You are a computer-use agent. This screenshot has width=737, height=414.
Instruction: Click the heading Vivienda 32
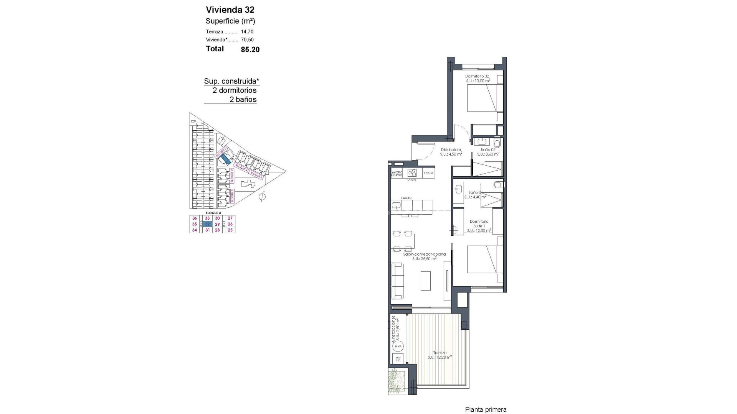[x=230, y=10]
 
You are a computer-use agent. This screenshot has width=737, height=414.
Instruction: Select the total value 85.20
[x=250, y=49]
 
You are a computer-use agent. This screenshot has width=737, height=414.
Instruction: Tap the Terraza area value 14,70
[x=247, y=32]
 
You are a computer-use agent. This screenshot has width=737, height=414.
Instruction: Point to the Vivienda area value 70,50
[x=247, y=39]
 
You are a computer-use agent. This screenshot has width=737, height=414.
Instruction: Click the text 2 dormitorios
[x=235, y=90]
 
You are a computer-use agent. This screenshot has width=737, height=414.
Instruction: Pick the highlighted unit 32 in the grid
[x=207, y=224]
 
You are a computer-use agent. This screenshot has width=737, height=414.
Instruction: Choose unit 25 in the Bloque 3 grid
[x=230, y=230]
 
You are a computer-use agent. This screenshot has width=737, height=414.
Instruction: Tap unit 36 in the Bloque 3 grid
[x=194, y=218]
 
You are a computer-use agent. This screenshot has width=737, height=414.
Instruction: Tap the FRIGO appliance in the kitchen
[x=428, y=173]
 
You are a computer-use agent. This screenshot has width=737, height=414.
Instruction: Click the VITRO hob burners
[x=412, y=172]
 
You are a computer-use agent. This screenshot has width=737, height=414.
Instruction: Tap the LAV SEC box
[x=398, y=359]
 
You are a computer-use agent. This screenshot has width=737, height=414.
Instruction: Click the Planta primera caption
[x=486, y=410]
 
